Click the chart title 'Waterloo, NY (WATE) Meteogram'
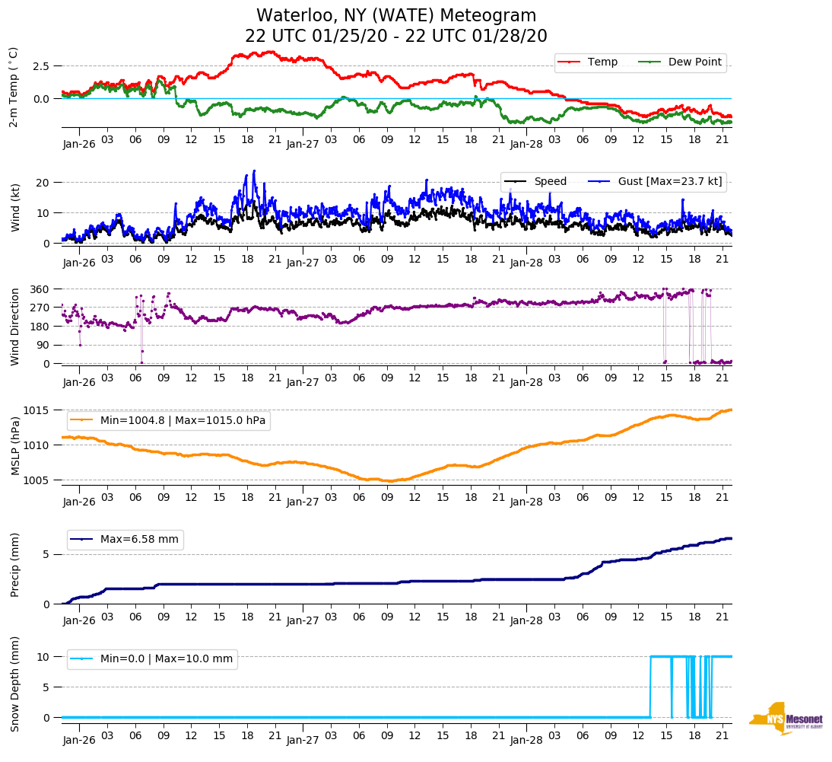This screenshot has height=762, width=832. click(x=396, y=16)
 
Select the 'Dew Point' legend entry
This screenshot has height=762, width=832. click(x=694, y=62)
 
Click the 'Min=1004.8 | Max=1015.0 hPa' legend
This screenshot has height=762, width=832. click(x=183, y=419)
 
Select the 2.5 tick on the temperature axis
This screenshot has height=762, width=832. click(x=41, y=66)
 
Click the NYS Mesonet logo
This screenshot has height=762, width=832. click(x=786, y=719)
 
